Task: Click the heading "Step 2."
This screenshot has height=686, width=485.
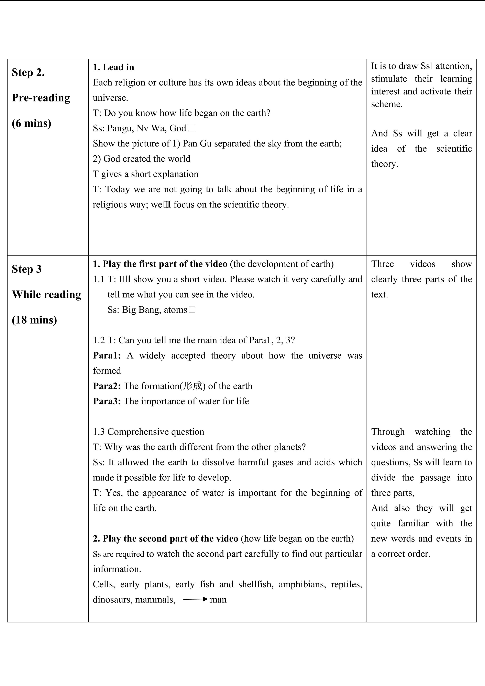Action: pos(28,73)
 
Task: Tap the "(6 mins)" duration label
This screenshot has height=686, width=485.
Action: pos(31,123)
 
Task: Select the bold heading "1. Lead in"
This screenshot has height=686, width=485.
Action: pos(113,67)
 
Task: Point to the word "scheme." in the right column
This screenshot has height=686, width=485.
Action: pos(387,104)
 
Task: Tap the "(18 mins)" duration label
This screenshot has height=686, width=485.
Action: pos(34,320)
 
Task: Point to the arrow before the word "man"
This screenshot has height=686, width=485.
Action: pos(195,599)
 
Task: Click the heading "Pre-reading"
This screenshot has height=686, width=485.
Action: pos(41,98)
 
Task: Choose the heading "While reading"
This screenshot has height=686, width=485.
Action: pos(46,295)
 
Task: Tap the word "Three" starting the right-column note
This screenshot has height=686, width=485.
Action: pos(382,264)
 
